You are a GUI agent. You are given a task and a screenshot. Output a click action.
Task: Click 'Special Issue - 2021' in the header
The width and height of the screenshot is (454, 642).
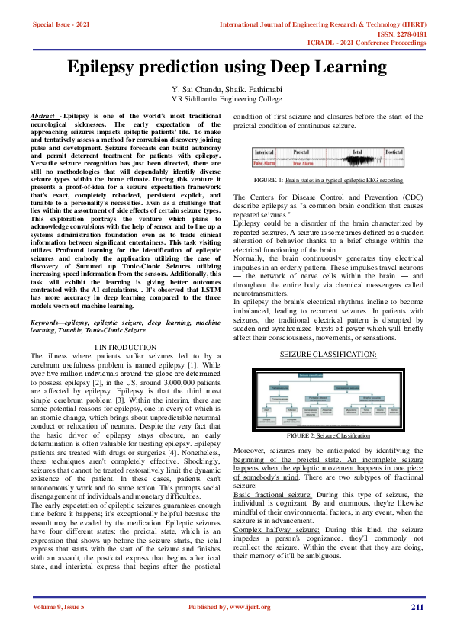[x=61, y=24]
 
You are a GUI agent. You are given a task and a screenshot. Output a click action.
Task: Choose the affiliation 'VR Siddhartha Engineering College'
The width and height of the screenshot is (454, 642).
[x=227, y=99]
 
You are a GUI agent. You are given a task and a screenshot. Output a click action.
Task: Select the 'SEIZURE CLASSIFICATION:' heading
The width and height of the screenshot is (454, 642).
[x=328, y=355]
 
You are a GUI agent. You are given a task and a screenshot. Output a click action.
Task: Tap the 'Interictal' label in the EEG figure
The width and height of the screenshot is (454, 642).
[x=264, y=152]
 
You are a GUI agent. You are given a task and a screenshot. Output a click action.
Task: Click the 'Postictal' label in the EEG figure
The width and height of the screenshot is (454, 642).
[x=394, y=152]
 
